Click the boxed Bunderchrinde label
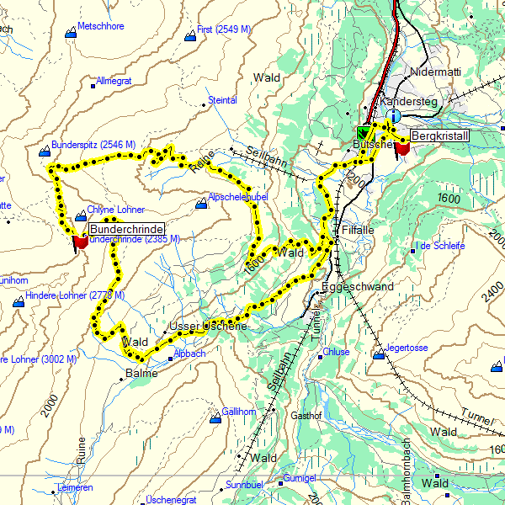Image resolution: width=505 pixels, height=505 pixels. click(126, 229)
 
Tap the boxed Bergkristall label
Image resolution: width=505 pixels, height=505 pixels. click(439, 136)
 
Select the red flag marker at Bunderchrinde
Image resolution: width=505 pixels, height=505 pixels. click(81, 242)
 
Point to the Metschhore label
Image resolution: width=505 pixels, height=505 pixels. click(100, 27)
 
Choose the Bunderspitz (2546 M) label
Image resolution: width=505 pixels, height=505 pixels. click(93, 145)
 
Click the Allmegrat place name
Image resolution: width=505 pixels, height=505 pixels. click(114, 82)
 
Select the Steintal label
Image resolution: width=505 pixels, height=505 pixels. click(222, 100)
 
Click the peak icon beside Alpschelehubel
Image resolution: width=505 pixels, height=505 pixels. click(200, 204)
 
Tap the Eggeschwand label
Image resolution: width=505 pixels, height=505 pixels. click(358, 287)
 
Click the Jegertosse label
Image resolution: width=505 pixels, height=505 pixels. click(407, 348)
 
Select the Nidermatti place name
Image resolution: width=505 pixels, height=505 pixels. click(436, 72)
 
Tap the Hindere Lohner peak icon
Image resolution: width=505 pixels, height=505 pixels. click(19, 301)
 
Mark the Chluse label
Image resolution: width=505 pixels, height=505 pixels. click(336, 352)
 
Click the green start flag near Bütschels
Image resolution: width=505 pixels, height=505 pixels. click(364, 132)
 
